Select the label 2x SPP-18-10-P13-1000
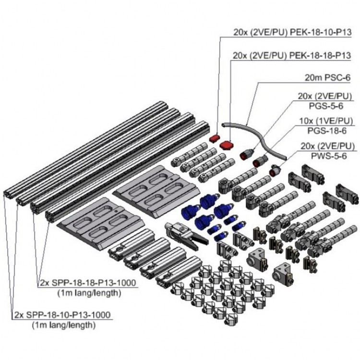[x=62, y=315]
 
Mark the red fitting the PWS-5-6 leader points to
[x=275, y=169]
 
